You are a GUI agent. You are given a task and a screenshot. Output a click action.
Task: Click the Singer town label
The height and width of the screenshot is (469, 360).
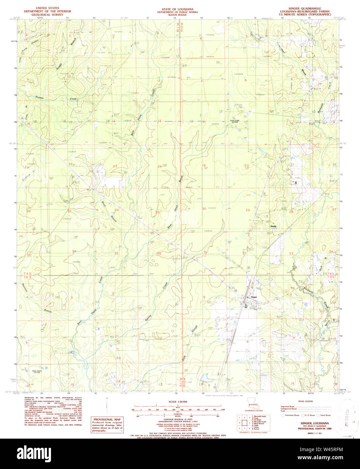click(254, 297)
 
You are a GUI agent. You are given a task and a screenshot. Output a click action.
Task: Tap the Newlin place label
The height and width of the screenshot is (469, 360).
click(273, 226)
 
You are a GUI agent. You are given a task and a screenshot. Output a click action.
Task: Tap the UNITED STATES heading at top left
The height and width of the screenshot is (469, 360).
click(47, 8)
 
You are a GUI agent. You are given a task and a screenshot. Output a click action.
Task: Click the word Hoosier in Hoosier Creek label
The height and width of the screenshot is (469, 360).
click(40, 98)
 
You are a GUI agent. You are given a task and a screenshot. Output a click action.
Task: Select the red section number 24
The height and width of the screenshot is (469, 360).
click(159, 166)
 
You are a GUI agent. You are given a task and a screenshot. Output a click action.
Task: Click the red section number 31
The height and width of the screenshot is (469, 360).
click(205, 252)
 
